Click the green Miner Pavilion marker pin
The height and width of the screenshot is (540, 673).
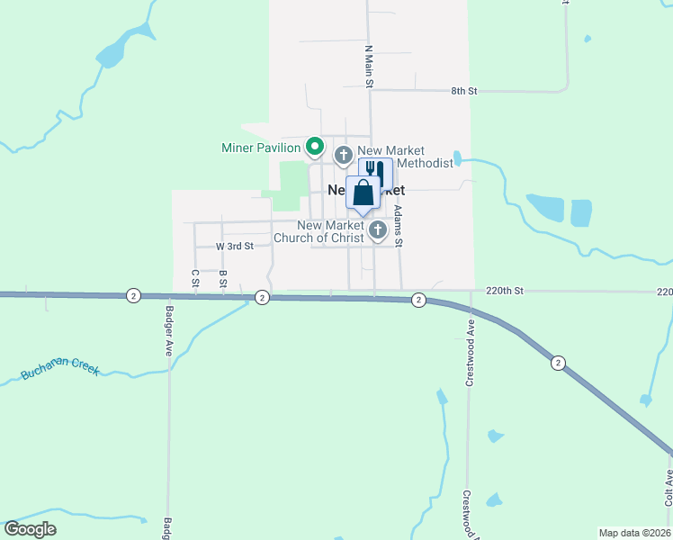coord(314,145)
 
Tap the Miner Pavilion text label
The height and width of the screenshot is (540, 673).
coord(261,147)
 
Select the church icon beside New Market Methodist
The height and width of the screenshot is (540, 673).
coord(343,156)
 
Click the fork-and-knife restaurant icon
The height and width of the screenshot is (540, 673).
coord(375,171)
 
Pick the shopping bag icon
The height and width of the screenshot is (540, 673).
coord(362,193)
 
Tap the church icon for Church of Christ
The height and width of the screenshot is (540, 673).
coord(378,231)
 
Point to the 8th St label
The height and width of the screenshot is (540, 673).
coord(463,91)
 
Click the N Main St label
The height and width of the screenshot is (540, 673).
coord(368,66)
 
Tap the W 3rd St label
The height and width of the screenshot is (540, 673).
coord(235,246)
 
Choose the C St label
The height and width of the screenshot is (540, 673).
coord(194,279)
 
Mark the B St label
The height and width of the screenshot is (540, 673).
coord(222,279)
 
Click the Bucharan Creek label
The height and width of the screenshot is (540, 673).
coord(62,371)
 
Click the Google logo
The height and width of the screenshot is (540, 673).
coord(30,529)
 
